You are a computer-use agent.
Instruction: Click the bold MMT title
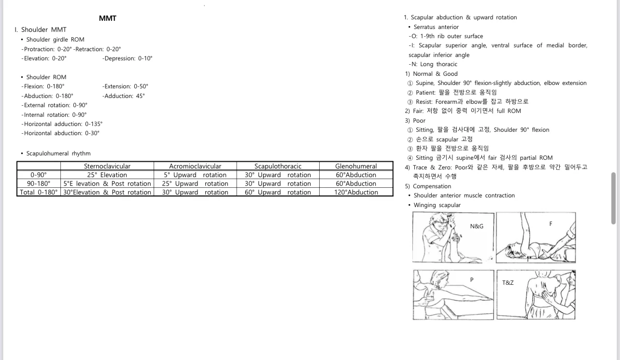(x=107, y=18)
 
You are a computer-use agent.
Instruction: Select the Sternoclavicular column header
(x=107, y=166)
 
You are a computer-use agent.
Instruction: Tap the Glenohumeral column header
(x=356, y=166)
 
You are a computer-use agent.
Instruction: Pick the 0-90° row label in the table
(x=39, y=175)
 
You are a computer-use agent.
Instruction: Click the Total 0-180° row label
(x=39, y=192)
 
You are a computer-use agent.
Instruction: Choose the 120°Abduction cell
(x=356, y=192)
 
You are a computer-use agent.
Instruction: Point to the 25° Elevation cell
(x=107, y=175)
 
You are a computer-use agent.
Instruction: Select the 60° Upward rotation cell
(x=278, y=192)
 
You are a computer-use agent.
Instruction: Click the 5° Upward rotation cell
(x=195, y=175)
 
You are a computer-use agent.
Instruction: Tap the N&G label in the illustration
(x=477, y=226)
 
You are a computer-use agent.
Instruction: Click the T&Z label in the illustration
(x=508, y=282)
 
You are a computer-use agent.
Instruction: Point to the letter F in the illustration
(x=550, y=224)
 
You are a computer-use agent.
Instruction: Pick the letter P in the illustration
(x=472, y=279)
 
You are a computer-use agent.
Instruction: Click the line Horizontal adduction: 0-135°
(x=63, y=124)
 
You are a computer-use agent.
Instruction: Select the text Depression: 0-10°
(x=128, y=58)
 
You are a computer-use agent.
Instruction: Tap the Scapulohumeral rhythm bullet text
(x=58, y=153)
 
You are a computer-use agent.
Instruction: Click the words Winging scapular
(x=437, y=205)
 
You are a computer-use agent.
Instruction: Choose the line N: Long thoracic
(x=433, y=64)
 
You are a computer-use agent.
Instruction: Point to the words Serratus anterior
(x=436, y=27)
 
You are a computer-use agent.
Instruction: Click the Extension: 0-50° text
(x=126, y=86)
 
